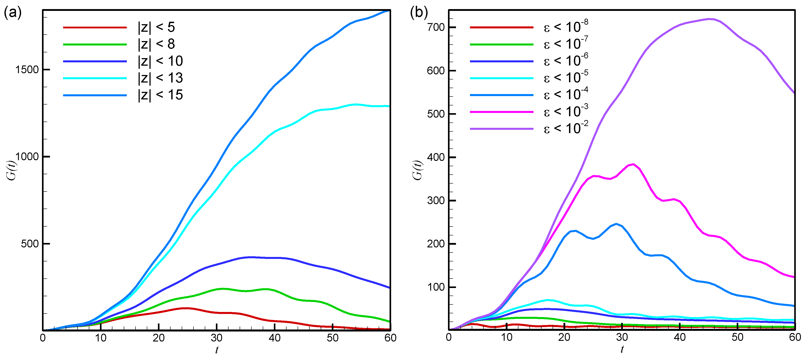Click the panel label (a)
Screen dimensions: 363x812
tap(13, 13)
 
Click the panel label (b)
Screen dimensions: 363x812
tap(419, 13)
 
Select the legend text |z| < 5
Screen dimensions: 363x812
tap(156, 27)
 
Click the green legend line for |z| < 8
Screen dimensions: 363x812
tap(95, 44)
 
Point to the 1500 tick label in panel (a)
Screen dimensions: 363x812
tap(27, 70)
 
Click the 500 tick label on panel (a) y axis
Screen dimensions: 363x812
tap(30, 244)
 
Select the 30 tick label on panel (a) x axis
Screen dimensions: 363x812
tap(217, 338)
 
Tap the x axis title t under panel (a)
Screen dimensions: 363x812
tap(217, 350)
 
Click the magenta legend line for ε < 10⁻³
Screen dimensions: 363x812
tap(502, 112)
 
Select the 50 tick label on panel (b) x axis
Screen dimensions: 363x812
tap(737, 337)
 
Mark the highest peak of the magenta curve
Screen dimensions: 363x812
tap(633, 164)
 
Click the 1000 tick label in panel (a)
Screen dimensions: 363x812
tap(27, 156)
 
